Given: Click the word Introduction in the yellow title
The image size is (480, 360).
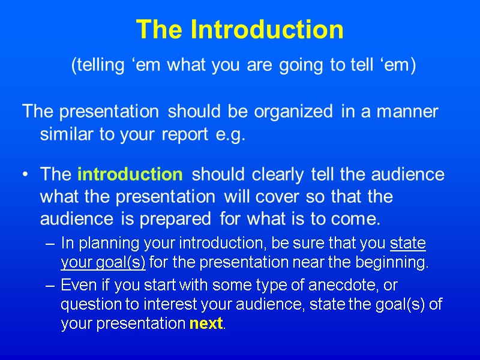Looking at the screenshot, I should [267, 29].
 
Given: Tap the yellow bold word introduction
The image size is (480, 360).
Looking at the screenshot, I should [130, 175].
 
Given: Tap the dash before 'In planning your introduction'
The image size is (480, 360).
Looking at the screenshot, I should [50, 244].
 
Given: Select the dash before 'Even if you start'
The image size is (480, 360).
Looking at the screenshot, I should [50, 284].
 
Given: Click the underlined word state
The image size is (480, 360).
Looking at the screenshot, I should [407, 243].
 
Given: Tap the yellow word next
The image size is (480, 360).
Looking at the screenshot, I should [206, 324].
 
